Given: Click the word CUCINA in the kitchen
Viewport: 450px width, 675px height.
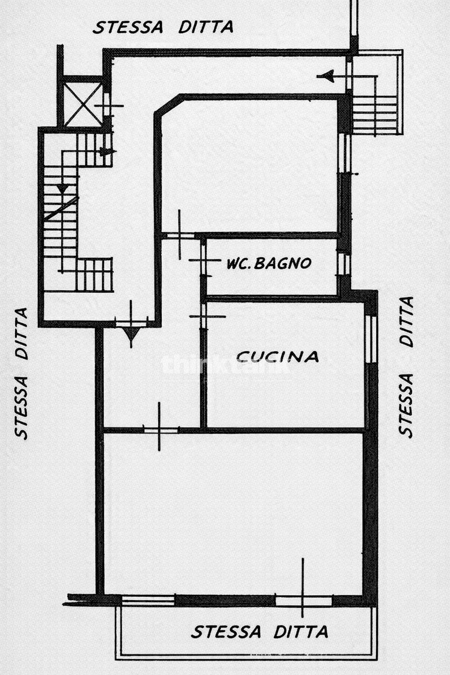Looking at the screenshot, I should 278,356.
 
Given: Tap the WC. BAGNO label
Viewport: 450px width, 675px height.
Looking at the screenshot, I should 269,263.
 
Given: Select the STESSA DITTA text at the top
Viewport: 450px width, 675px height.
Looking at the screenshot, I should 163,27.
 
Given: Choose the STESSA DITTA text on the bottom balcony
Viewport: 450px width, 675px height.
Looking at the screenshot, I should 259,632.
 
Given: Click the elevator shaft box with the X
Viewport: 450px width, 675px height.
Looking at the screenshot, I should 83,102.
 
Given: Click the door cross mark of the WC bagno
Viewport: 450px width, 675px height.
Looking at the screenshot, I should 203,261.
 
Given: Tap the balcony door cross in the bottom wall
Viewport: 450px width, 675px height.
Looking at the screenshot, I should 302,600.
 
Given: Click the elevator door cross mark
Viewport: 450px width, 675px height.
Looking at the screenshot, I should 106,105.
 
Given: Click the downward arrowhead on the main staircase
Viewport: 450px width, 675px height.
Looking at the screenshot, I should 63,189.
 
